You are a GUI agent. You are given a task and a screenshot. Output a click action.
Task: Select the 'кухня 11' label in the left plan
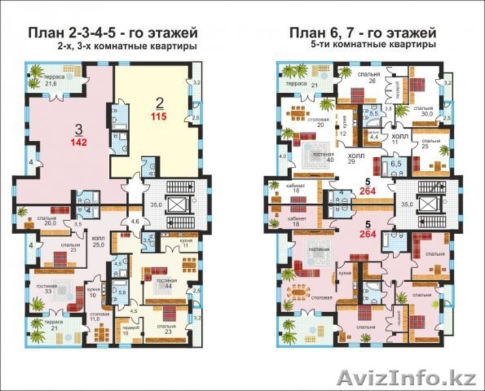[168, 246]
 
